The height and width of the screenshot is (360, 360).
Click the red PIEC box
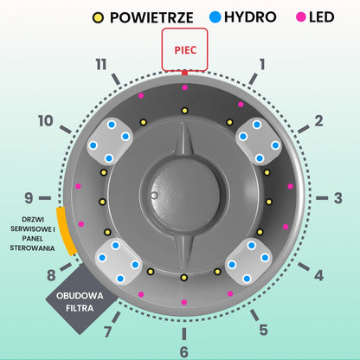184,49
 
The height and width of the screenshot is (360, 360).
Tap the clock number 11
101,64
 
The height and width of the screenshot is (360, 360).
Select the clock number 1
262,64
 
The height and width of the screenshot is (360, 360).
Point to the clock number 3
338,198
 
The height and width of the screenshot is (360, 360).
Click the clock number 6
184,352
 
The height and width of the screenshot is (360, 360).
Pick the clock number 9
29,198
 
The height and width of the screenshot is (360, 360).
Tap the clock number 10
46,121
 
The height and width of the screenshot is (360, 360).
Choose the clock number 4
318,275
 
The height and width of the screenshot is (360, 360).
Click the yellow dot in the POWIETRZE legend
98,18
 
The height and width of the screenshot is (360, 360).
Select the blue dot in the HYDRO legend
215,16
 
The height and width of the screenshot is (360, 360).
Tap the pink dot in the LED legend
300,17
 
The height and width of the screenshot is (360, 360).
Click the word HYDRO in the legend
250,17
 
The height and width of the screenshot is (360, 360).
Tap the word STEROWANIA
32,248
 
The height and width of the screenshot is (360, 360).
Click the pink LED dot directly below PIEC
185,87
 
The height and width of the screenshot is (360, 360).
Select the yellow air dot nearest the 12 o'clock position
184,111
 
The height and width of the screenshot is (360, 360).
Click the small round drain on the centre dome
154,196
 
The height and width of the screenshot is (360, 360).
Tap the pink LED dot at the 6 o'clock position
184,302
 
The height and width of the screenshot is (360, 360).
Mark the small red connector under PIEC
184,74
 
